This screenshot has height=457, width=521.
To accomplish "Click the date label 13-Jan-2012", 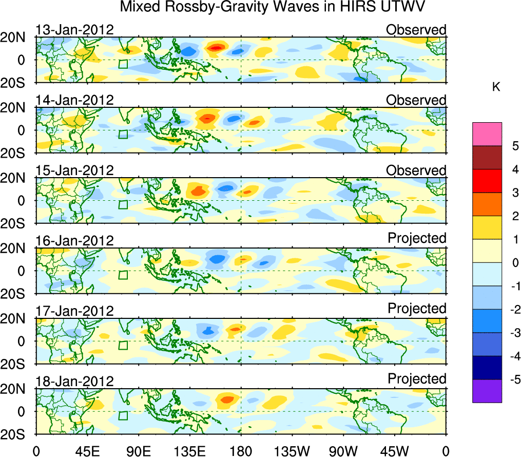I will point(74,30).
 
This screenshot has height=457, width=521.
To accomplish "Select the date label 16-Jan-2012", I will point(74,241).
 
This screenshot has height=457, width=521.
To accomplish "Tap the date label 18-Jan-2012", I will point(74,382).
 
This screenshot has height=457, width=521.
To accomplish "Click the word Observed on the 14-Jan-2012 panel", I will point(416,100).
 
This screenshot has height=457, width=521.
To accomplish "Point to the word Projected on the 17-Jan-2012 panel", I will point(417,309).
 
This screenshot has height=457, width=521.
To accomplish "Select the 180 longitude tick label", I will point(240,450).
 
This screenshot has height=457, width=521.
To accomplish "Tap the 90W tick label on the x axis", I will point(343,450).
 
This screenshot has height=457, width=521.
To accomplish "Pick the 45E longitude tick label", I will point(87,450).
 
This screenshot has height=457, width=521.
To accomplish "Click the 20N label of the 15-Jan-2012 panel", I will point(18,178).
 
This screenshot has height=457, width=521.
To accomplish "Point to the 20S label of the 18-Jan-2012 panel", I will point(18,434).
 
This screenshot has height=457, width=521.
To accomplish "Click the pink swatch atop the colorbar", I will point(487,134).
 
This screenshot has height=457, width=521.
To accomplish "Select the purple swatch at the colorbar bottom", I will point(487,391).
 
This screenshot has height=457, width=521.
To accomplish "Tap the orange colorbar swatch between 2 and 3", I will point(487,204).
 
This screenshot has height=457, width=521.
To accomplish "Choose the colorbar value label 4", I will point(514,169).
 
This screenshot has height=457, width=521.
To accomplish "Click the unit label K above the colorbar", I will point(496,87).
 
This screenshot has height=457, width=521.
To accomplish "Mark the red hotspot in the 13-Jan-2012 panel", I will point(216,48).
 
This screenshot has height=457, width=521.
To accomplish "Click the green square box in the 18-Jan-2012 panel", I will point(123,415).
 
